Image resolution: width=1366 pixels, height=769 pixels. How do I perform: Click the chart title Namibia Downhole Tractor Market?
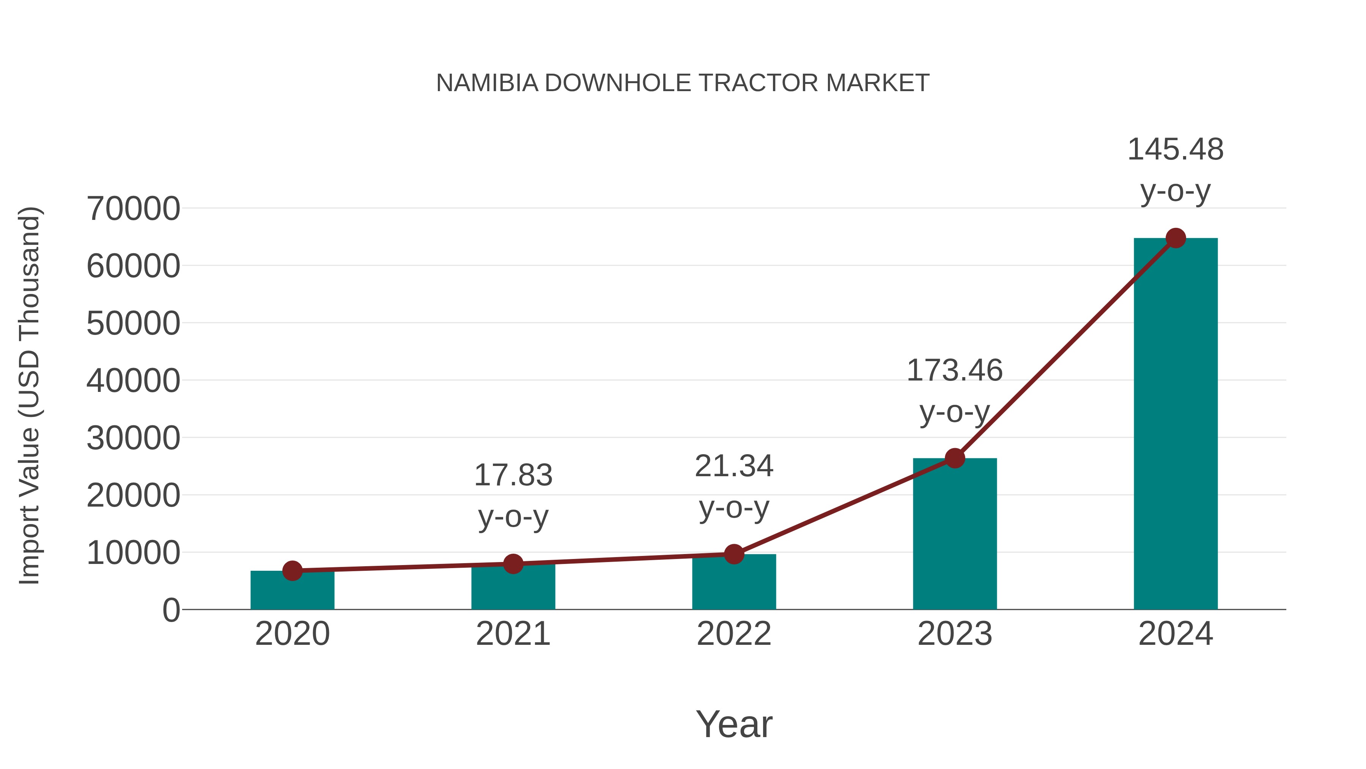coord(683,83)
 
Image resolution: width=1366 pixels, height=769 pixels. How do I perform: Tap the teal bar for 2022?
coord(734,584)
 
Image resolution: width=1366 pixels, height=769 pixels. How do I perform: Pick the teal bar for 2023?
coord(955,536)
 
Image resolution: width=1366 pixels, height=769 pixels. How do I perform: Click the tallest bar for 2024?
coord(1176,425)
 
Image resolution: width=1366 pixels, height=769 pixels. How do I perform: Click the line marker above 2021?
coord(513,564)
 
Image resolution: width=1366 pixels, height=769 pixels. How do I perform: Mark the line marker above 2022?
coord(734,554)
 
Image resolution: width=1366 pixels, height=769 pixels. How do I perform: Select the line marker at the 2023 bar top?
coord(955,458)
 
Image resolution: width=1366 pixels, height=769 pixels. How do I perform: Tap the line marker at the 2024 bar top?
coord(1176,238)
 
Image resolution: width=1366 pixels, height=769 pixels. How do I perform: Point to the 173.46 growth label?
coord(955,391)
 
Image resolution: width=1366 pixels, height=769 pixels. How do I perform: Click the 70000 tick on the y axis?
coord(133,208)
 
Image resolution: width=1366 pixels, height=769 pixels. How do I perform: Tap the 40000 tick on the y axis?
coord(133,381)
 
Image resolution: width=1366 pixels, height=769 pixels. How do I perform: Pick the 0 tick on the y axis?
coord(171,610)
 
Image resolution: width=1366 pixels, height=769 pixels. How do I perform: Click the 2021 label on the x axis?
coord(513,634)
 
